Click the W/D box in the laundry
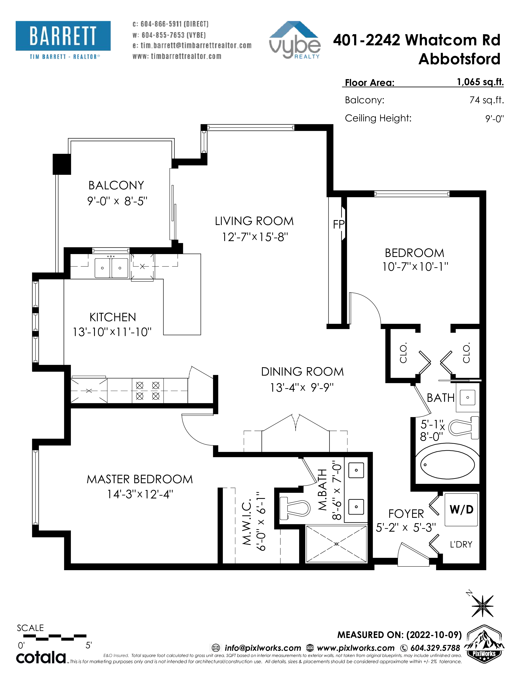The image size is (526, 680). [x=461, y=510]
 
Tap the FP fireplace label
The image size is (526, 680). [x=338, y=224]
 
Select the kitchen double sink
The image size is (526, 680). [x=111, y=268]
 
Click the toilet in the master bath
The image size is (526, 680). [x=295, y=508]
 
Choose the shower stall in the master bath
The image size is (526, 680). [x=337, y=544]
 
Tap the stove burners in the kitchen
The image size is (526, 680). [x=148, y=391]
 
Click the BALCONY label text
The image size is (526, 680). [x=116, y=185]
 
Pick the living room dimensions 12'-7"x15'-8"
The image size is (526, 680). [x=255, y=237]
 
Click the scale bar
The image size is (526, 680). [x=55, y=637]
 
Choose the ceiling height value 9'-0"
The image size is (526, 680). [x=494, y=119]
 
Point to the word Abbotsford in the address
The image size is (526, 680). [x=459, y=59]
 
